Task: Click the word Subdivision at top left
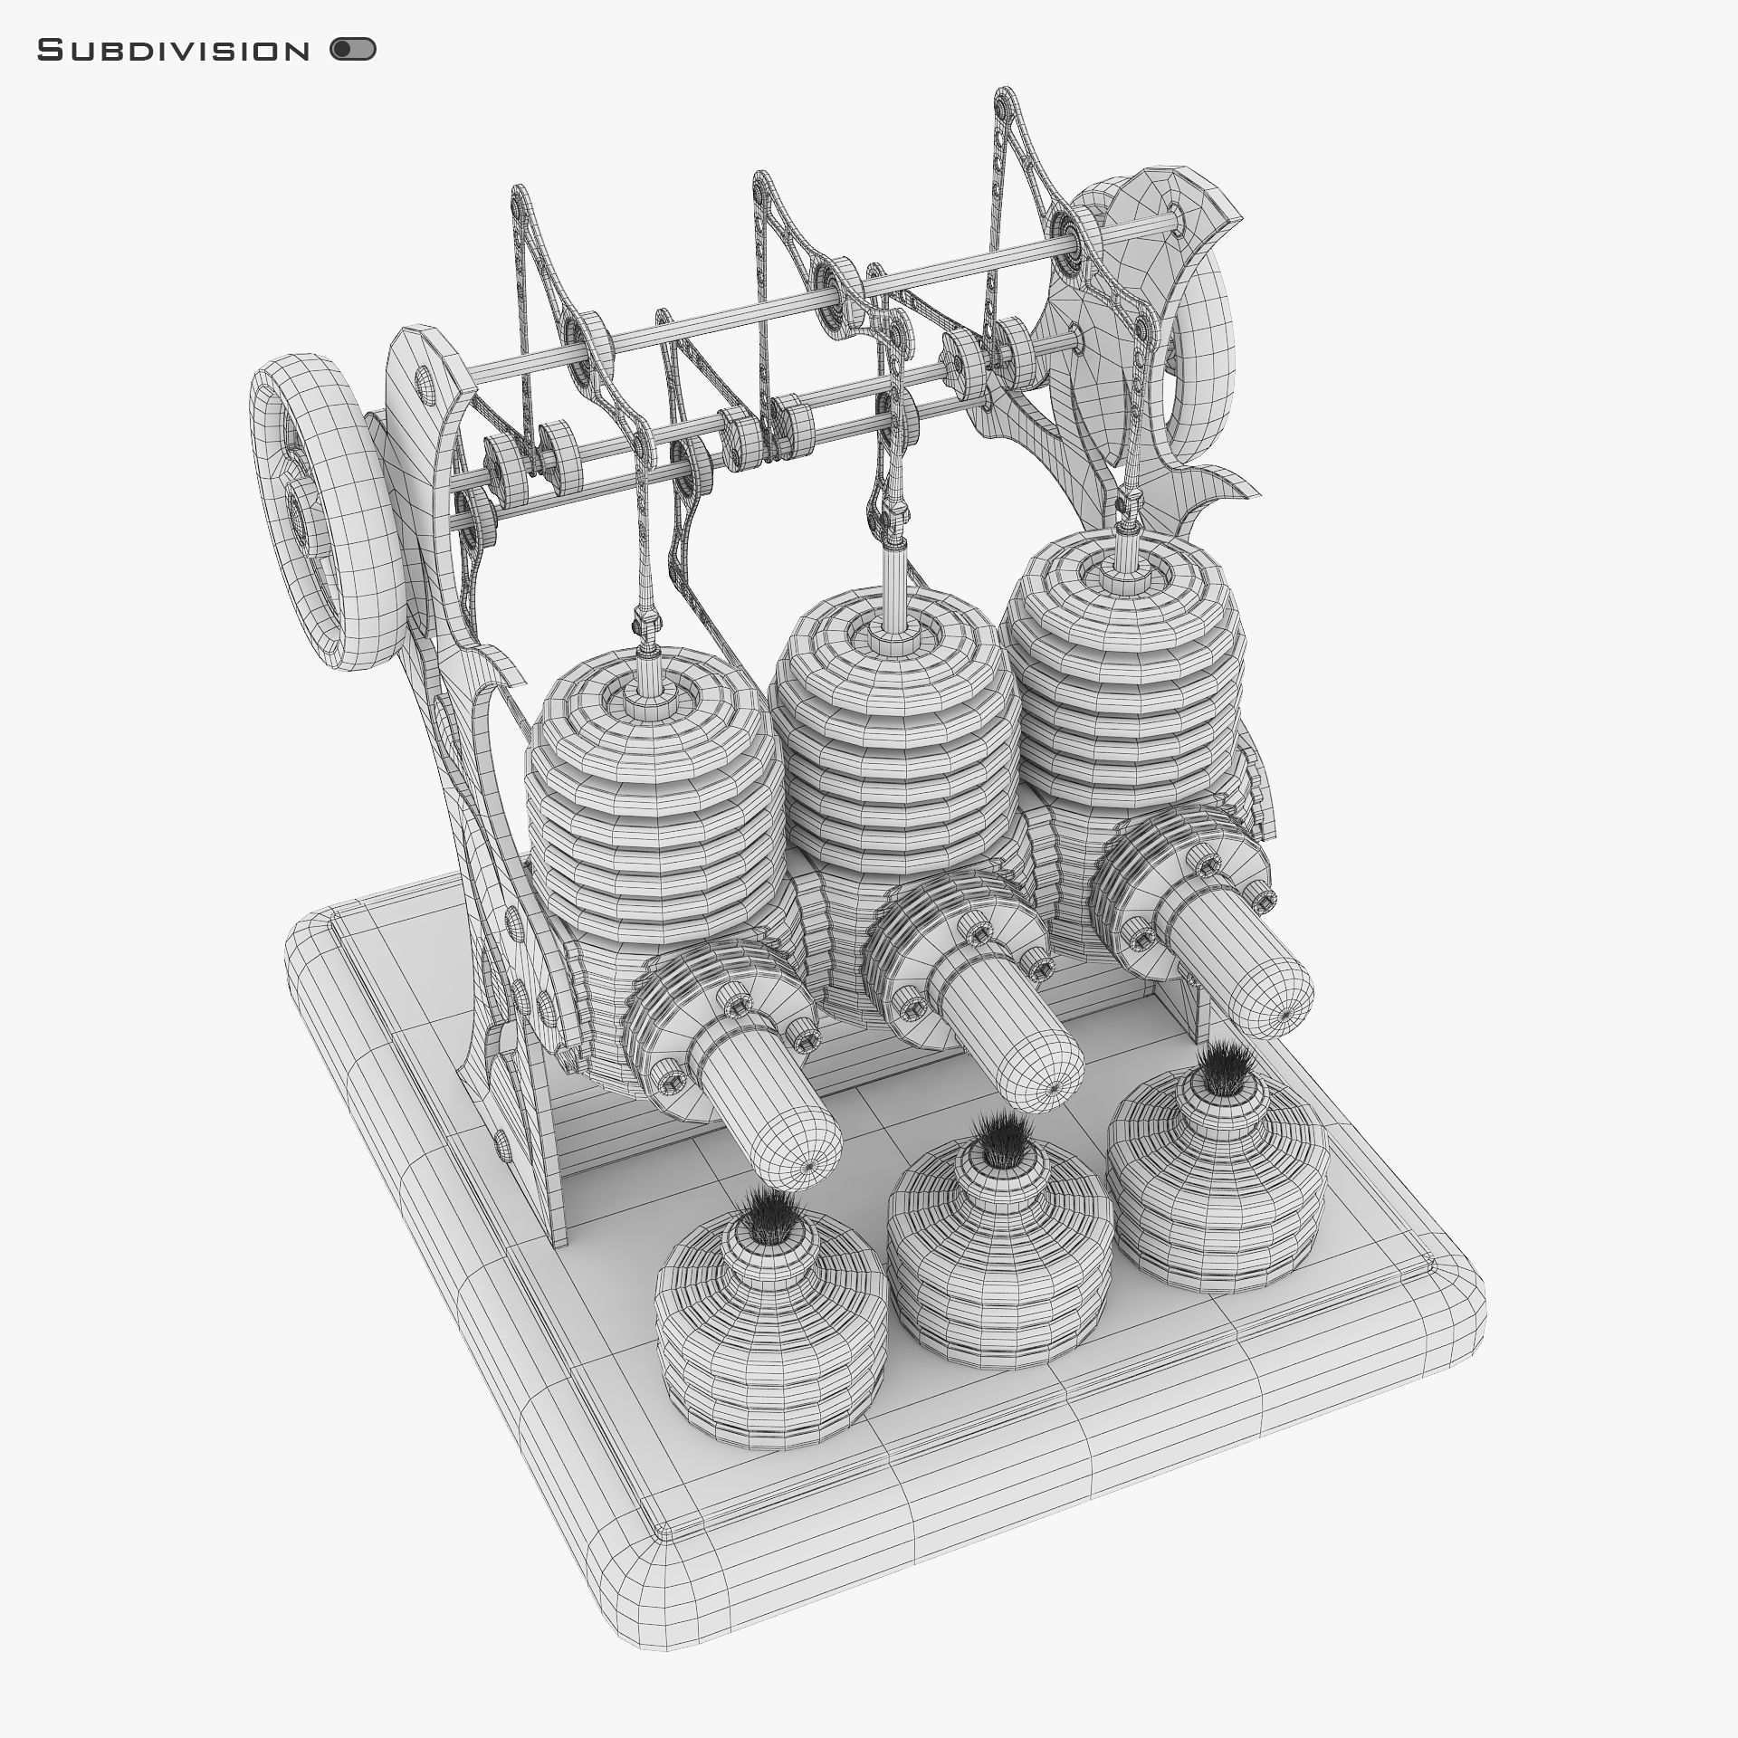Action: tap(173, 51)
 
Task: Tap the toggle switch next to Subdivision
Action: tap(353, 50)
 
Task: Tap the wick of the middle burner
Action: tap(999, 1140)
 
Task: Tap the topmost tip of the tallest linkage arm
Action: tap(1006, 95)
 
